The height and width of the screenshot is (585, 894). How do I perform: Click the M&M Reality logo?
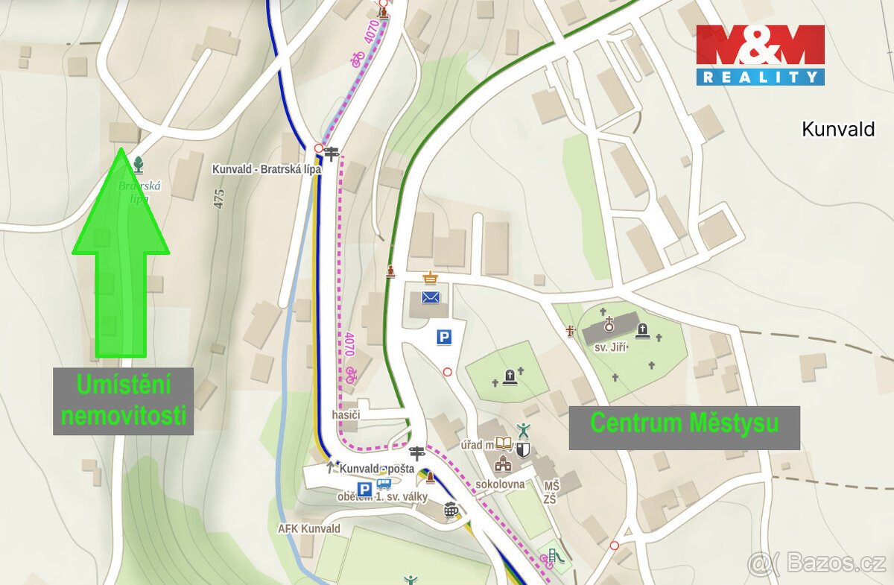pyautogui.click(x=760, y=54)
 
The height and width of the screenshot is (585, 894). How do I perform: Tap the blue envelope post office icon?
pyautogui.click(x=431, y=297)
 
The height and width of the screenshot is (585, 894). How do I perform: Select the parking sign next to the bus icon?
pyautogui.click(x=365, y=489)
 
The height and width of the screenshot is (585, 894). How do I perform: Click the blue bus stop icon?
pyautogui.click(x=384, y=484)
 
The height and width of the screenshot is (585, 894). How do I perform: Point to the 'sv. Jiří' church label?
pyautogui.click(x=611, y=347)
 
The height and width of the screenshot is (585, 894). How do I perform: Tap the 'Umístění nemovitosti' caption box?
pyautogui.click(x=123, y=401)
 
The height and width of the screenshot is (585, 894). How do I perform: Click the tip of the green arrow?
pyautogui.click(x=121, y=150)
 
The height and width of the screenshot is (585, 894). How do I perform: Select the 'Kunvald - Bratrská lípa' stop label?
pyautogui.click(x=266, y=169)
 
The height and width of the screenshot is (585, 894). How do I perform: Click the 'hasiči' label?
pyautogui.click(x=346, y=414)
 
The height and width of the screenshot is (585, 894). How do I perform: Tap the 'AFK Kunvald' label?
pyautogui.click(x=309, y=528)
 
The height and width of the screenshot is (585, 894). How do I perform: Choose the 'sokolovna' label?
pyautogui.click(x=500, y=484)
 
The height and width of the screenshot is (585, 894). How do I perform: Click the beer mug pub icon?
pyautogui.click(x=451, y=510)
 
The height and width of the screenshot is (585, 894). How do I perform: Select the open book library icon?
pyautogui.click(x=504, y=444)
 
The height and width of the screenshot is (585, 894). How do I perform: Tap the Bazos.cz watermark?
pyautogui.click(x=817, y=563)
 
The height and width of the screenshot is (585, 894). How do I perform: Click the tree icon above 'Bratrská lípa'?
pyautogui.click(x=138, y=163)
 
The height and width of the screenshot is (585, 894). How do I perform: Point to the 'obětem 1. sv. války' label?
pyautogui.click(x=381, y=497)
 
